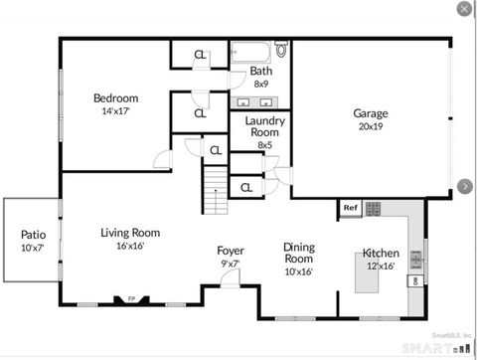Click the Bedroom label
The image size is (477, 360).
click(x=115, y=98)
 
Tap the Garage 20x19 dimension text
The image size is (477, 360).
click(x=371, y=126)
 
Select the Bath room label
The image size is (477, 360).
click(x=261, y=71)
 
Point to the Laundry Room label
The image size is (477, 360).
click(x=264, y=126)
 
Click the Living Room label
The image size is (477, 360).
click(x=130, y=233)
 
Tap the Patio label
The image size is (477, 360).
click(x=33, y=235)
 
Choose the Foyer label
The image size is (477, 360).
click(x=231, y=251)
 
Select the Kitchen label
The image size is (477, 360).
click(x=381, y=253)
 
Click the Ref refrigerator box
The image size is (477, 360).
click(x=349, y=209)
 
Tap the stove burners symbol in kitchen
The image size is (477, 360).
click(x=374, y=209)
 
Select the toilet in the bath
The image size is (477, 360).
click(x=281, y=49)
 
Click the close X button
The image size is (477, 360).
click(x=464, y=9)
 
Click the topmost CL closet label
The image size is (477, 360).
click(x=200, y=55)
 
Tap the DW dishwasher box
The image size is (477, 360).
click(x=413, y=281)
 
